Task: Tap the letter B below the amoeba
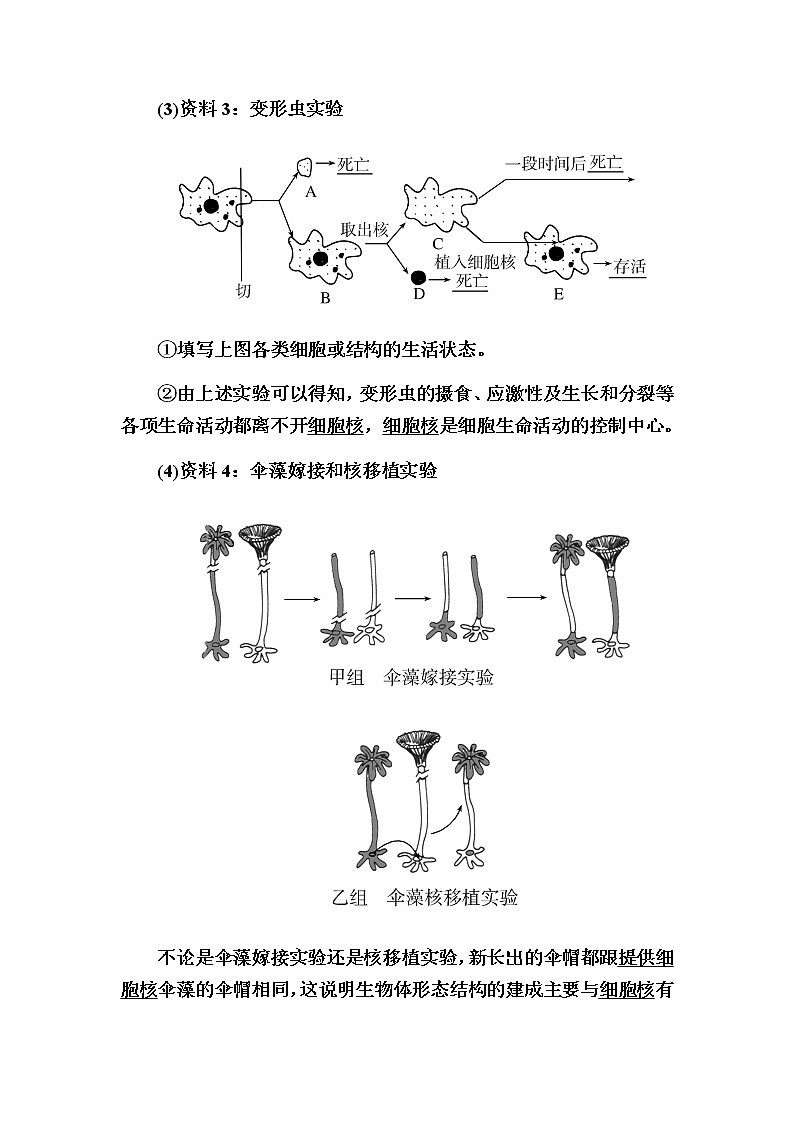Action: click(325, 297)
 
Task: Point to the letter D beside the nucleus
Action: click(419, 293)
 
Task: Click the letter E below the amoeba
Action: click(558, 293)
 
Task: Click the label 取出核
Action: click(364, 229)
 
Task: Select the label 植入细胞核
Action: click(475, 261)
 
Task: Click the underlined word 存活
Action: click(630, 267)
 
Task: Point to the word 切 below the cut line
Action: click(243, 291)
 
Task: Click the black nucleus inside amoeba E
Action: click(554, 255)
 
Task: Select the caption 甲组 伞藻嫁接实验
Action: click(411, 677)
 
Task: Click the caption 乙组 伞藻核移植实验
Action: click(424, 897)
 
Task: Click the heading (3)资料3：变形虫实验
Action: click(250, 109)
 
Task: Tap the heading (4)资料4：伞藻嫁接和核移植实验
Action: click(297, 470)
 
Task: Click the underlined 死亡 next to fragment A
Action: click(354, 165)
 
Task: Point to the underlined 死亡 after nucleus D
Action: click(471, 281)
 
